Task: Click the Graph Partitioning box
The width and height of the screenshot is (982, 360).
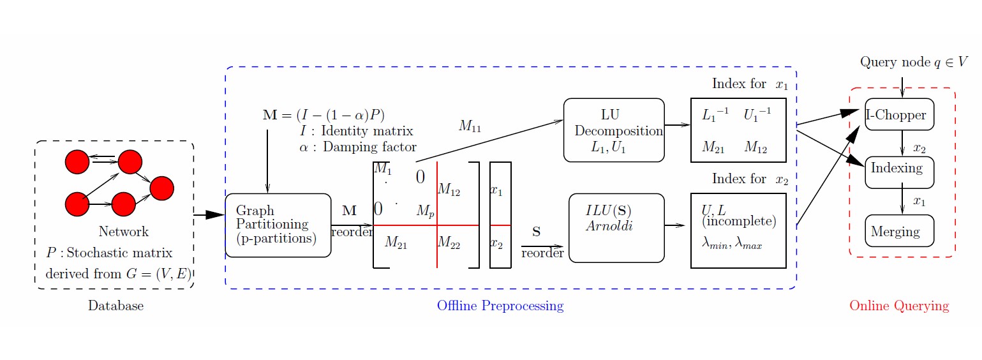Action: tap(278, 225)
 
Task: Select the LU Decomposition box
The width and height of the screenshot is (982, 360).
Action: tap(613, 130)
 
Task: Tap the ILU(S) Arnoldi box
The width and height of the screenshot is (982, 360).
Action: tap(616, 228)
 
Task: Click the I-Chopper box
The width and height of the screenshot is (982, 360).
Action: tap(899, 115)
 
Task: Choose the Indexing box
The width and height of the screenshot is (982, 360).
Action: tap(899, 172)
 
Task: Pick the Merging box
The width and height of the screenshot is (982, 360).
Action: tap(899, 231)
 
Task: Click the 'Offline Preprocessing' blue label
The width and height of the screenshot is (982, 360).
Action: tap(500, 306)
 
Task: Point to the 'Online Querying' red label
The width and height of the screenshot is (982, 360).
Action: tap(898, 306)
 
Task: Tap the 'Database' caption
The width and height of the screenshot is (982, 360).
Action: tap(115, 306)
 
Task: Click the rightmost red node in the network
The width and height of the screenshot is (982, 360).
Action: tap(161, 188)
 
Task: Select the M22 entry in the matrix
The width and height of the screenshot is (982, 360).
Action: tap(449, 243)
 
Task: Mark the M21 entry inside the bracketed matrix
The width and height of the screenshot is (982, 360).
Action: tap(396, 243)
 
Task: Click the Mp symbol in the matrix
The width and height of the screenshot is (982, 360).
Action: tap(425, 211)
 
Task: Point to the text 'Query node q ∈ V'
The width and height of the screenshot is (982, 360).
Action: tap(913, 63)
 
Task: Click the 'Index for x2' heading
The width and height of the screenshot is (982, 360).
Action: tap(750, 179)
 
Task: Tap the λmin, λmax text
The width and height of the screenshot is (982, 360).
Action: tap(731, 244)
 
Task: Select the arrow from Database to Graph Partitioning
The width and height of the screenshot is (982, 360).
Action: tap(209, 216)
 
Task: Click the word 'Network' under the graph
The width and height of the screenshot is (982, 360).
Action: tap(123, 232)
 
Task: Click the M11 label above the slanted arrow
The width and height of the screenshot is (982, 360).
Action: tap(469, 126)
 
